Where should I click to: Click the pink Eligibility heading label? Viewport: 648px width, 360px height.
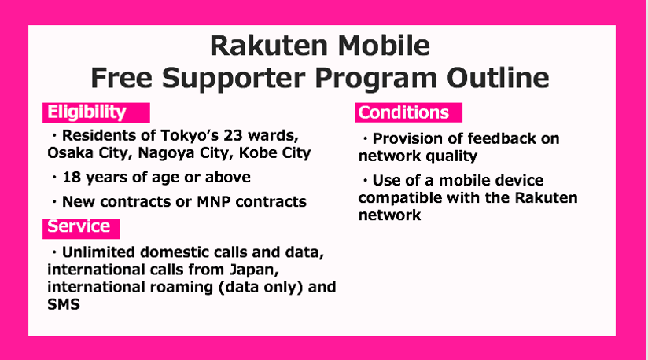96,112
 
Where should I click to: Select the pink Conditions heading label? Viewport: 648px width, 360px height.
408,112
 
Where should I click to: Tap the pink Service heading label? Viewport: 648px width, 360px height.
81,228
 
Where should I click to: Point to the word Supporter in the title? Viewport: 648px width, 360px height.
234,79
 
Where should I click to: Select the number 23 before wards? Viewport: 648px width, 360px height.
233,135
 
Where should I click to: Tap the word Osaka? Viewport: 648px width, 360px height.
70,152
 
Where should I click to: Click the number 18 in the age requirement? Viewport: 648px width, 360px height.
72,178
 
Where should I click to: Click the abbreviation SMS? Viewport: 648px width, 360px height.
63,305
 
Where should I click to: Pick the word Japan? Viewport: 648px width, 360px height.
254,270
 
